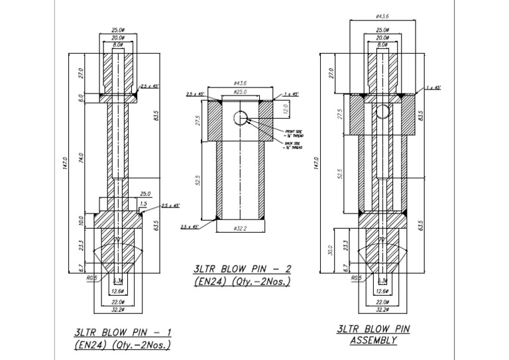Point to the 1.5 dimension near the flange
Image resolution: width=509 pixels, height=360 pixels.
pos(144,204)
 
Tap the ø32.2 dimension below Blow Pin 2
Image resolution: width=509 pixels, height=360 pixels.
pos(241,229)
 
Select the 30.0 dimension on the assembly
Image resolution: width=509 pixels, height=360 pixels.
pos(329,250)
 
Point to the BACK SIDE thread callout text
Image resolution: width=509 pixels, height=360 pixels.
pos(292,145)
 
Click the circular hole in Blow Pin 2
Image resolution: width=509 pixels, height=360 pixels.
pos(240,118)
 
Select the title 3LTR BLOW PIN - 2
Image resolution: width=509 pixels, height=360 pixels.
pos(242,269)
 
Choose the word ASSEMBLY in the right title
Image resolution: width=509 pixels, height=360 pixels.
pos(373,341)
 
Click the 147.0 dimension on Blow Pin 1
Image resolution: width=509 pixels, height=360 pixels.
pos(64,162)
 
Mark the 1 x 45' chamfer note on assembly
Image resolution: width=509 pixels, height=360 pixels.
pos(434,87)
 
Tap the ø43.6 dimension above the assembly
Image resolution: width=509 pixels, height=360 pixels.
pos(382,15)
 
